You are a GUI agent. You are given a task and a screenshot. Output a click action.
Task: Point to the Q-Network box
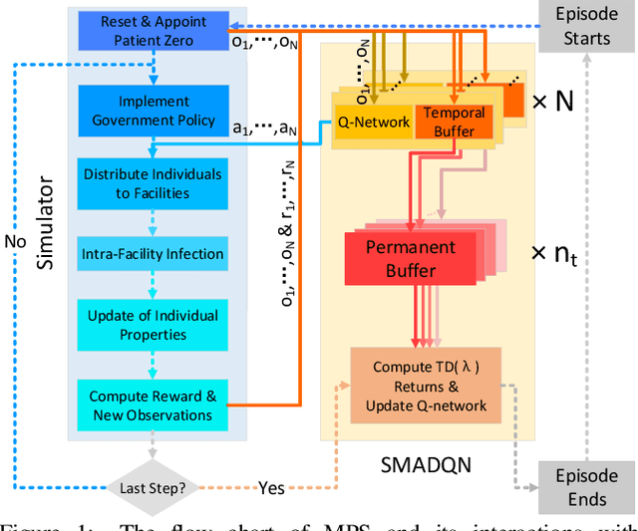click(x=373, y=123)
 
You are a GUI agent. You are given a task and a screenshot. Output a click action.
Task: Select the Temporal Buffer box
click(x=453, y=123)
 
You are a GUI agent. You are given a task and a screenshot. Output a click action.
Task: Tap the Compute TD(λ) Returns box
click(x=425, y=386)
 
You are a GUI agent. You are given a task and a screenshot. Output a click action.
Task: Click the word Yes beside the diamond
click(x=271, y=489)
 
